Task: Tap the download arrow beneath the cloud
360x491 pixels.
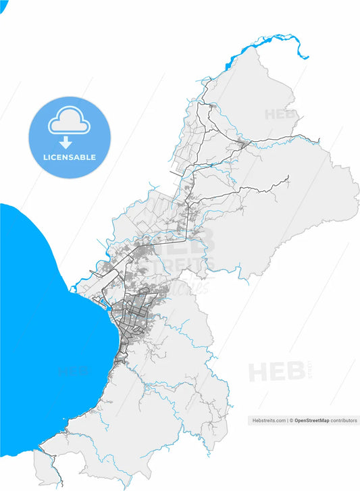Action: pyautogui.click(x=66, y=142)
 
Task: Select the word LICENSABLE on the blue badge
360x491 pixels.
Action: pyautogui.click(x=69, y=157)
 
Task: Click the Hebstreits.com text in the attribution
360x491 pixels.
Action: pyautogui.click(x=269, y=420)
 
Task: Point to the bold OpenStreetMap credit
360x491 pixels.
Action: pyautogui.click(x=312, y=420)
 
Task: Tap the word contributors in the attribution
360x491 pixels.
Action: pyautogui.click(x=344, y=420)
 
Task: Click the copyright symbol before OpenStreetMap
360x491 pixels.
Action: pyautogui.click(x=291, y=420)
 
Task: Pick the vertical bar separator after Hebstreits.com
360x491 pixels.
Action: pyautogui.click(x=287, y=420)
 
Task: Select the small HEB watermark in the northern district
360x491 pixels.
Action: pyautogui.click(x=280, y=114)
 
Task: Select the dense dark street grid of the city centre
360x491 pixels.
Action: pyautogui.click(x=135, y=314)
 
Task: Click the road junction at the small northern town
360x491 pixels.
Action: pyautogui.click(x=244, y=143)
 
